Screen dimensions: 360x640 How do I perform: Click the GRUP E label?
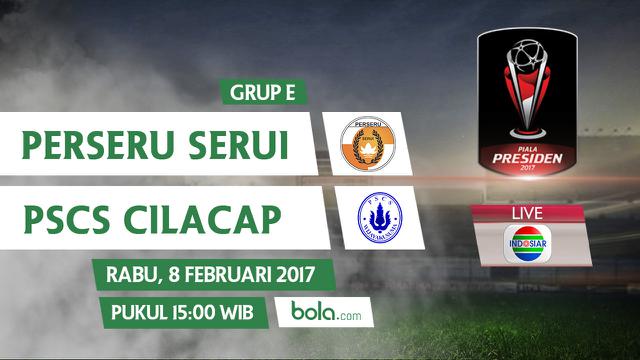coord(261,94)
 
